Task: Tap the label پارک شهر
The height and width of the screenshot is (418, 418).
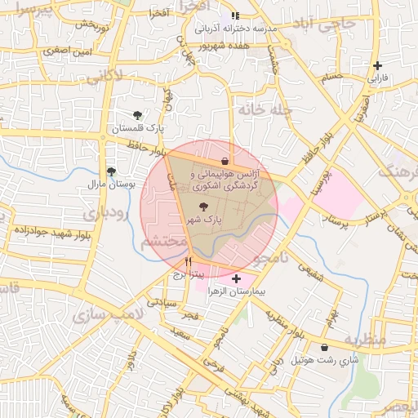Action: pos(203,221)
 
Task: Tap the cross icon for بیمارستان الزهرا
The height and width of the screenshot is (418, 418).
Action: pos(237,279)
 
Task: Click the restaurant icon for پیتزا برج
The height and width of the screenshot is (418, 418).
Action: pos(189,263)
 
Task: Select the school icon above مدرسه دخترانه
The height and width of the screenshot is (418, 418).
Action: pos(235,16)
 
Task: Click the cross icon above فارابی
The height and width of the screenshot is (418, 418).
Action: pos(377,65)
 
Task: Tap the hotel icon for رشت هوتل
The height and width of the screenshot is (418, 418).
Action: pos(325,347)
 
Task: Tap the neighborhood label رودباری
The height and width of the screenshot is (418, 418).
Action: pos(104,215)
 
